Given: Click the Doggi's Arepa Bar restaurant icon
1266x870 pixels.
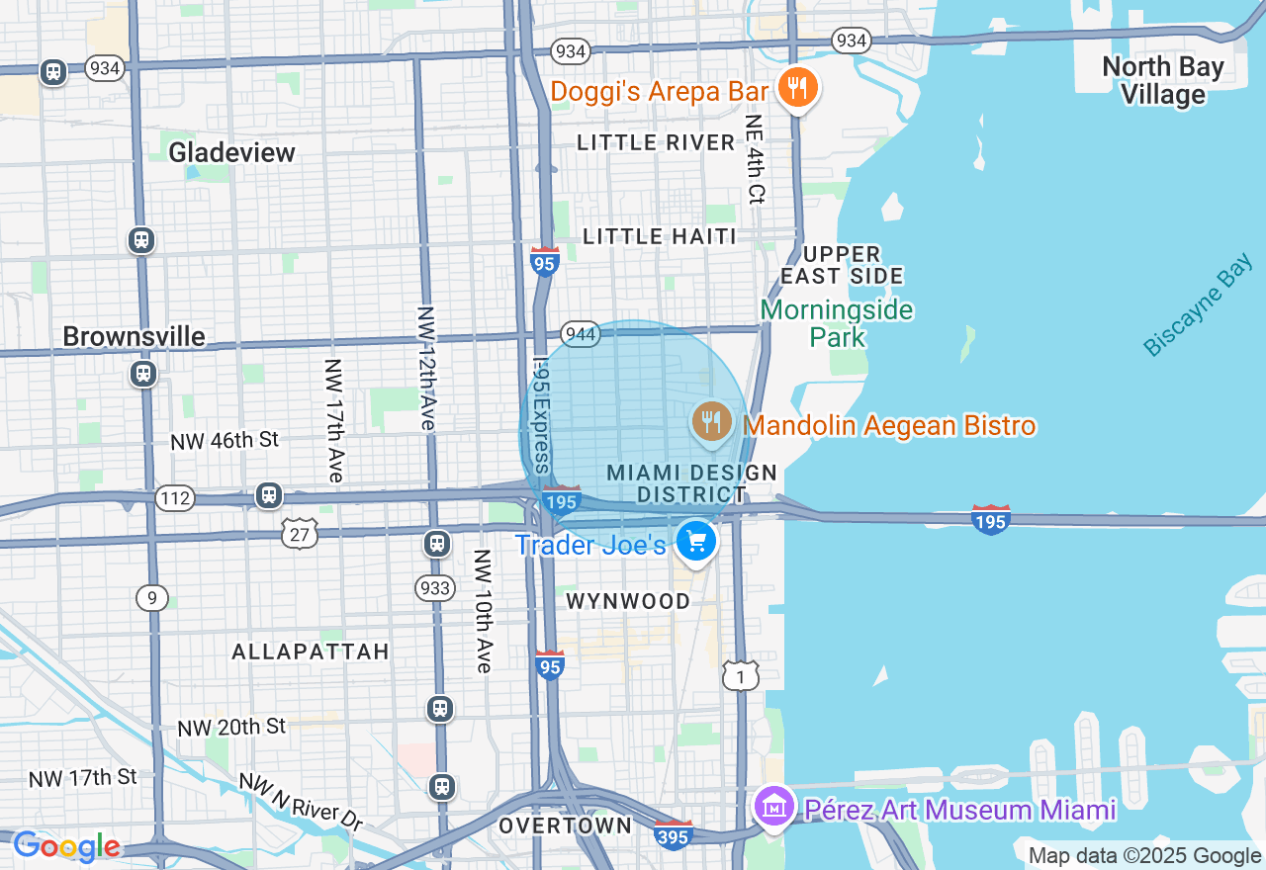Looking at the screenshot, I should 796,89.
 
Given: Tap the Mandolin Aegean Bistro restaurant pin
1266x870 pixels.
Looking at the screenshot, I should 711,423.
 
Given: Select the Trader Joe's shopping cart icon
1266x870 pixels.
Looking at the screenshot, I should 696,542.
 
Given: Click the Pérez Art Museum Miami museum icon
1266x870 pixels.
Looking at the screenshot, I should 774,808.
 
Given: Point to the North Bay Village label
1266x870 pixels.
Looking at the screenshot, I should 1163,81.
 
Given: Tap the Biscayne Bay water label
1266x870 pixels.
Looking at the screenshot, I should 1197,306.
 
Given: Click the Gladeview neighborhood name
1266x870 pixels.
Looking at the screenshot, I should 231,152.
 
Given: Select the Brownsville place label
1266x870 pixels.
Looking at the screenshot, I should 134,336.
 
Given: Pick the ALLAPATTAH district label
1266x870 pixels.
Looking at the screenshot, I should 311,652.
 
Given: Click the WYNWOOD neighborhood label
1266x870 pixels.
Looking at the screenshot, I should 628,601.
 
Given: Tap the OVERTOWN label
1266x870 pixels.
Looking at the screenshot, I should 565,826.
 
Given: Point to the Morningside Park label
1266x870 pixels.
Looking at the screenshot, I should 837,323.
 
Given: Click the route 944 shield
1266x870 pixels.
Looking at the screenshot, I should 581,334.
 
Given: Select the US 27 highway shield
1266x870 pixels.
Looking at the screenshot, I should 300,534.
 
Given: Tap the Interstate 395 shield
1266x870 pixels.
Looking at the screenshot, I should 674,833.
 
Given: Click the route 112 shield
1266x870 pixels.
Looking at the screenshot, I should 175,497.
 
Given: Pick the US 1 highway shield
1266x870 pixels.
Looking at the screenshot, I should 740,675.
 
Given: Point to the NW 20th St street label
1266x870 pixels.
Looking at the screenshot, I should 231,727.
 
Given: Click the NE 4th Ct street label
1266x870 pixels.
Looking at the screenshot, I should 756,158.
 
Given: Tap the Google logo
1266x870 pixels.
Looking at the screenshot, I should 66,847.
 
